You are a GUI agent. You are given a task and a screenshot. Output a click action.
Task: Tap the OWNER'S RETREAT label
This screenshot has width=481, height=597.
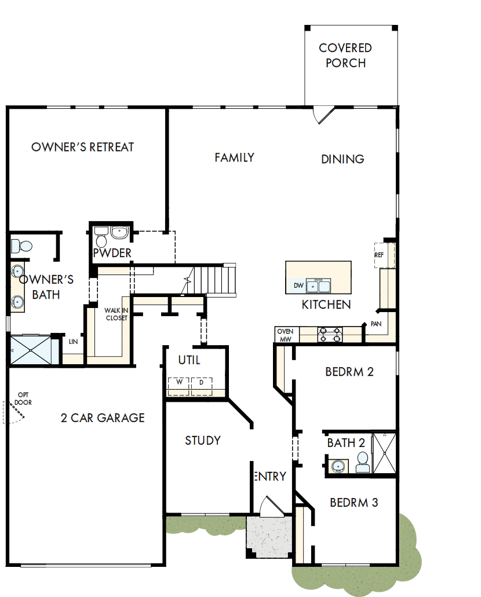pos(82,147)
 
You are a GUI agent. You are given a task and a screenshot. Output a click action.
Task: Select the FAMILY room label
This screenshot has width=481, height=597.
pos(234,158)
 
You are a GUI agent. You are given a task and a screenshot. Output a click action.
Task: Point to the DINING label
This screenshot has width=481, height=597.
pos(342,159)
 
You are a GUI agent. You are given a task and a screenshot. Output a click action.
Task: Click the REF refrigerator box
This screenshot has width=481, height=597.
pos(380,255)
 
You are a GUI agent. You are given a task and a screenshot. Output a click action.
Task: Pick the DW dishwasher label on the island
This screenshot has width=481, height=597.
pos(298,285)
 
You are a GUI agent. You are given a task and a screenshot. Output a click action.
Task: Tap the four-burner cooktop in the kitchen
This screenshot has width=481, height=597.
pos(330,335)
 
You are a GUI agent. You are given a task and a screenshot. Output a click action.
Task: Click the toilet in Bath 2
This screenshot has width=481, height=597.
pos(363,462)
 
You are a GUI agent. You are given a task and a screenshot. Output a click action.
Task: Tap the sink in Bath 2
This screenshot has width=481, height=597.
pos(337,464)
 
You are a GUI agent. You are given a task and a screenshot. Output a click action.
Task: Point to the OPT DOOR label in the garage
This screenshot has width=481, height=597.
pos(24,398)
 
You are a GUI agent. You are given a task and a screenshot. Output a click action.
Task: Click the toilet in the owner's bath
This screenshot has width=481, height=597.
pos(21,246)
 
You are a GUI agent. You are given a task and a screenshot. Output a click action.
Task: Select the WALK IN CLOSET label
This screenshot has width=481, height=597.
pos(116,314)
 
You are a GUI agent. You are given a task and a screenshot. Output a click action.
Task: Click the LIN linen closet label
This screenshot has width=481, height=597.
pos(73,342)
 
